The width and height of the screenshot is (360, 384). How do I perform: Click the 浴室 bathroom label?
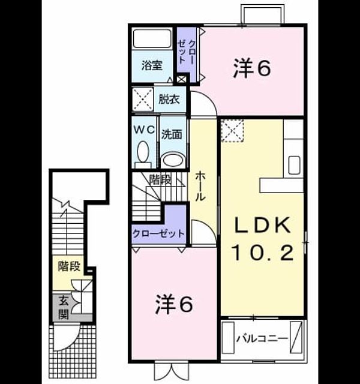(152, 65)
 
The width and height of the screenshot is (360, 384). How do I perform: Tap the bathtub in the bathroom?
(152, 38)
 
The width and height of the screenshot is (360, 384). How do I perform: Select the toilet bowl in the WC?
(143, 152)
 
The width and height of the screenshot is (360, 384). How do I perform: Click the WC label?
(144, 130)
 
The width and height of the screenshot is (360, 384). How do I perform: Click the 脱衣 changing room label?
(169, 99)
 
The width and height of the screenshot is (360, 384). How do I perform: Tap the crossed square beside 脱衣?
(143, 99)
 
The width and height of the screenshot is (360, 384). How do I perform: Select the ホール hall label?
(201, 186)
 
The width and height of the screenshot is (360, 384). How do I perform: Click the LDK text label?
(263, 225)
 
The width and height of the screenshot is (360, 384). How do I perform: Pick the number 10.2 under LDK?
(263, 253)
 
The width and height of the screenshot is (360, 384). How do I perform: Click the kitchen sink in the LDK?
(294, 165)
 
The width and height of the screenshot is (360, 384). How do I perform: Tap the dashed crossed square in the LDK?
(232, 131)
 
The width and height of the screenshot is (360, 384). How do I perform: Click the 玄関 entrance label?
(64, 308)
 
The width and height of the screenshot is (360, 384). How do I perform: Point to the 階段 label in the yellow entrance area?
(69, 266)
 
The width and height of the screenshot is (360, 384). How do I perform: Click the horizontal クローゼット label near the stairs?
(158, 233)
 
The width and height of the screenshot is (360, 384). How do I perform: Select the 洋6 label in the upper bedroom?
(252, 68)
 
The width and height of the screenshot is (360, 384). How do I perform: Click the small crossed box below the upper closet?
(181, 80)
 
